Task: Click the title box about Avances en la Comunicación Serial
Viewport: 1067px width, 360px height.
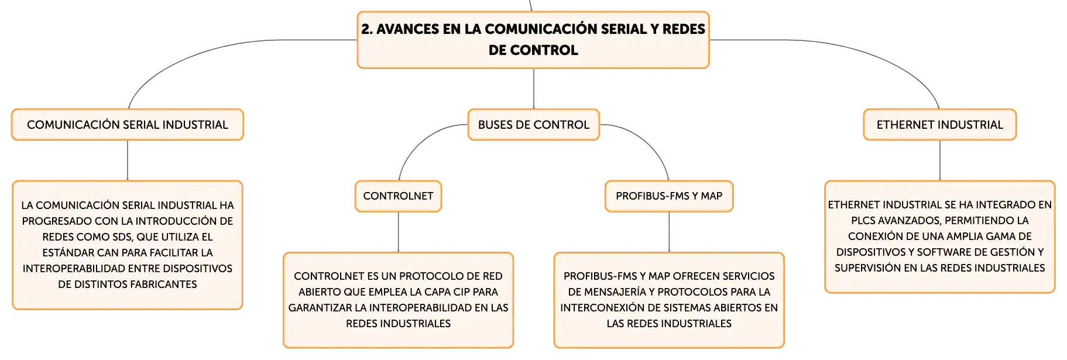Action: coord(533,40)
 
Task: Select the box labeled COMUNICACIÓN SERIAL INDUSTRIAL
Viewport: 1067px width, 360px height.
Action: coord(128,125)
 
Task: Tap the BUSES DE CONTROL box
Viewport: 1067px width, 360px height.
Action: coord(534,125)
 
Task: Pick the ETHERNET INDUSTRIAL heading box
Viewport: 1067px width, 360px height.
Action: coord(940,125)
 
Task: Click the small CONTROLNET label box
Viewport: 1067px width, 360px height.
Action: coord(398,196)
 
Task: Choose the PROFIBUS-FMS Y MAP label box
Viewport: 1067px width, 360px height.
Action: coord(669,196)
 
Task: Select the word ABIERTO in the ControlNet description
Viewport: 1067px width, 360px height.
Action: coord(320,292)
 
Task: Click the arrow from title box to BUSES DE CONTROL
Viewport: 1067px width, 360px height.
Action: coord(534,89)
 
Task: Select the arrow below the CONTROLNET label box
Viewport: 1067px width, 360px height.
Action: coord(398,232)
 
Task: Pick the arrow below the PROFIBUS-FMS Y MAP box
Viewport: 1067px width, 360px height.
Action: coord(669,232)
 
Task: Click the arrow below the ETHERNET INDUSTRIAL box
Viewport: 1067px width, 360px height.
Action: coord(940,161)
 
